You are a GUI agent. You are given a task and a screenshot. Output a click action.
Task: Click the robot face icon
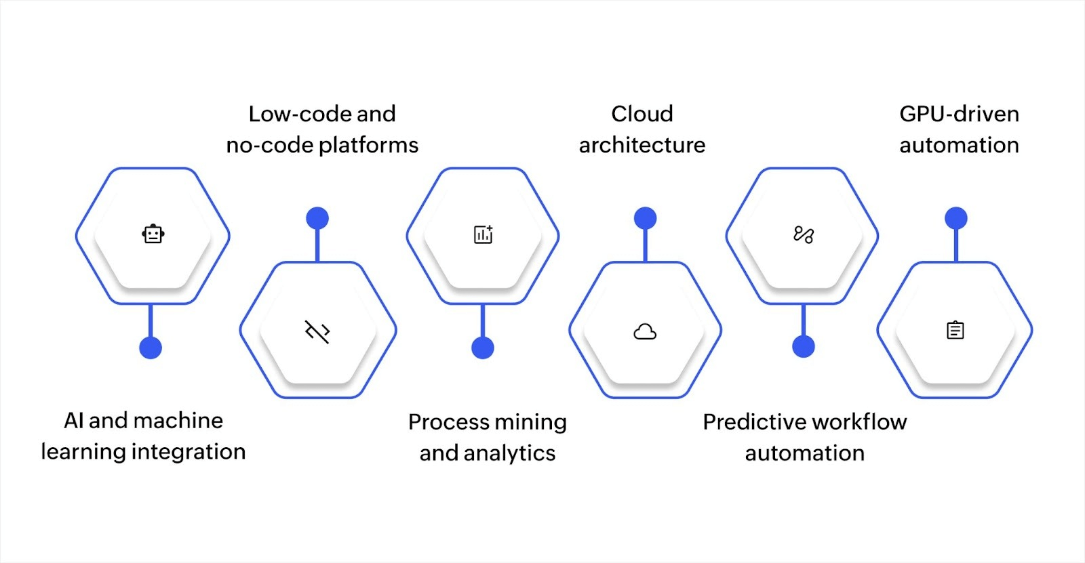coord(153,234)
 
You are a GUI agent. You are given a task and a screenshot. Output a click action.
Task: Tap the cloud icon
coord(645,331)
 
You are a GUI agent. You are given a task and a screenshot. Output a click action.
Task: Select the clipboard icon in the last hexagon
coord(955,330)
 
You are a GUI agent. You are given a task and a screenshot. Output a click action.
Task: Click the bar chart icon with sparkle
coord(483,234)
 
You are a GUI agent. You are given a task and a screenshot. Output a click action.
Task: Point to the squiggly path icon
coord(804,234)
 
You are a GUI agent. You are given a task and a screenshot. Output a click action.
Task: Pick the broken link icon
coord(317,331)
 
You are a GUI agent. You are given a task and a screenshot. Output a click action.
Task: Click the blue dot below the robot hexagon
coord(151,348)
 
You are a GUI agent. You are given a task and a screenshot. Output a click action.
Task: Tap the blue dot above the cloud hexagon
coord(645,218)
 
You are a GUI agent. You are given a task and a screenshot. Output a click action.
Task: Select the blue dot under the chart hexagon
coord(483,348)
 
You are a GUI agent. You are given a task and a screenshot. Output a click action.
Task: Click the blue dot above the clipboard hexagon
coord(956,218)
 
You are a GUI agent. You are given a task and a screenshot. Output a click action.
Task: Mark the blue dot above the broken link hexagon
coord(317,218)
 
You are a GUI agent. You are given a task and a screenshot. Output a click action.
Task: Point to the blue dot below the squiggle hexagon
coord(804,347)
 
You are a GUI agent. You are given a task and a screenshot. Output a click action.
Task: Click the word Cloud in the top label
coord(642,114)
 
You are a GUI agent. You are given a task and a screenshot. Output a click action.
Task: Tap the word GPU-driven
coord(959,114)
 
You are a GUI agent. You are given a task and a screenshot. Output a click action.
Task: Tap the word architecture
coord(642,145)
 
